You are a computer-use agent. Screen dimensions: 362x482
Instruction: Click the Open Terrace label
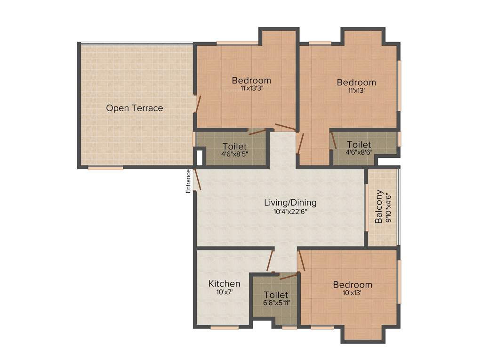[134, 108]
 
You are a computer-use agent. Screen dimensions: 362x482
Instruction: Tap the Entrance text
[188, 181]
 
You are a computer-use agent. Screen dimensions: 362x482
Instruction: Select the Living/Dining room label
[290, 203]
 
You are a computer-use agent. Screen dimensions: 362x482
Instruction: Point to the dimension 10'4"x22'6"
[290, 212]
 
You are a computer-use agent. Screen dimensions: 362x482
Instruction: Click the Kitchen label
[225, 284]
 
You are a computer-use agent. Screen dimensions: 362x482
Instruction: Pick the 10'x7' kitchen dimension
[225, 292]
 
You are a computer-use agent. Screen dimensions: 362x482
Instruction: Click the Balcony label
[379, 207]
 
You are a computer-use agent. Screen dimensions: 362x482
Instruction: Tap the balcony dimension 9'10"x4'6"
[388, 207]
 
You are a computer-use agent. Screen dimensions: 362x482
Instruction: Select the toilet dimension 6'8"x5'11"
[276, 303]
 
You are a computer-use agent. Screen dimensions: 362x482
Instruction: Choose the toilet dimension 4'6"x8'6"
[359, 152]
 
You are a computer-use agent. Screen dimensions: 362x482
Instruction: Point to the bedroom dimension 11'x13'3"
[251, 88]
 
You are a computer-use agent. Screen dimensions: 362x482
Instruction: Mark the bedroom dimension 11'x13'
[356, 90]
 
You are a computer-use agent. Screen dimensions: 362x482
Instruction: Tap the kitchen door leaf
[270, 260]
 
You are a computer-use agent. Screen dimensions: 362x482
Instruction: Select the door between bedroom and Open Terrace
[199, 104]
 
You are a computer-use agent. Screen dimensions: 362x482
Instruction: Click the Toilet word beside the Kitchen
[276, 295]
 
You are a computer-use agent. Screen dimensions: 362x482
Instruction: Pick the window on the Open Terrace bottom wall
[105, 167]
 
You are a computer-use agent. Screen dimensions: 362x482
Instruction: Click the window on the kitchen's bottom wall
[225, 327]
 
